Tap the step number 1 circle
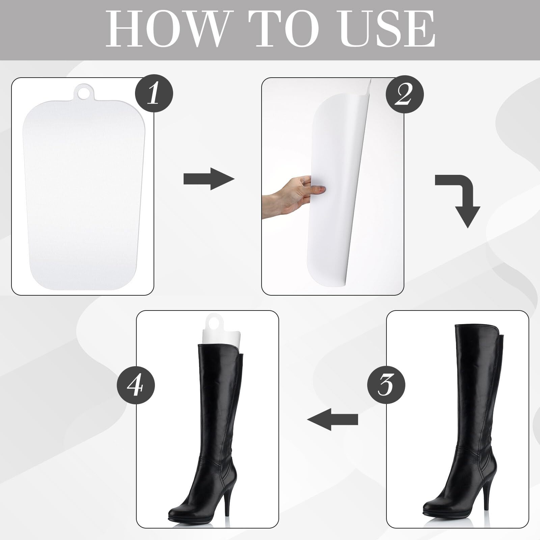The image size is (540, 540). click(154, 94)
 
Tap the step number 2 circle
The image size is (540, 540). click(404, 94)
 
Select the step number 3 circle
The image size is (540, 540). click(386, 384)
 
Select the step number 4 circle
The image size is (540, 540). click(136, 384)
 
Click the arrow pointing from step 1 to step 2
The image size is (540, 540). click(209, 179)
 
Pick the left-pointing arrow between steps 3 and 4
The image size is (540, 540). click(332, 419)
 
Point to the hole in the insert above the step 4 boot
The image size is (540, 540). click(213, 324)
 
